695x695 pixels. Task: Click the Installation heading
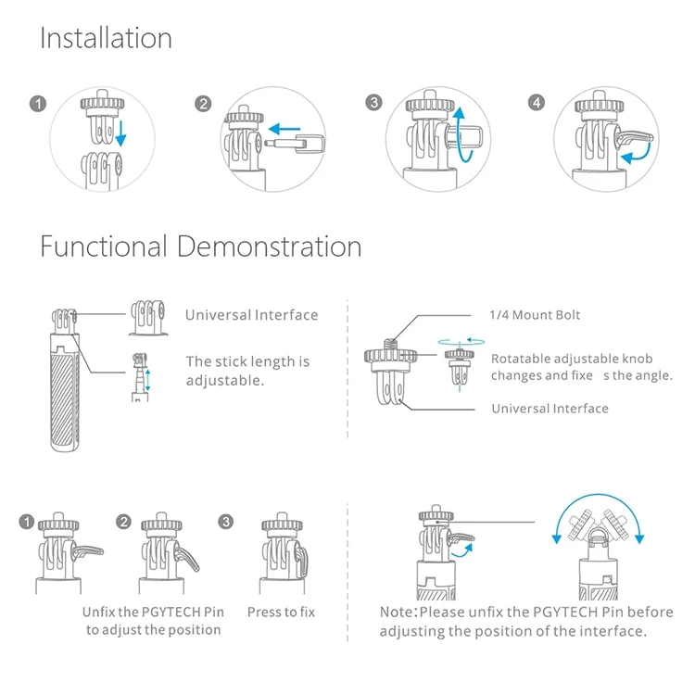[106, 38]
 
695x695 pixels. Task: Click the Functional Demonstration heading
[201, 246]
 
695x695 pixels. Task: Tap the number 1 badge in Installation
[38, 104]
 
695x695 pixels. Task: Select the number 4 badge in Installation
[537, 102]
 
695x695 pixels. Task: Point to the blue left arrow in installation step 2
[284, 129]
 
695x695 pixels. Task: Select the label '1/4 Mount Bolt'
[535, 315]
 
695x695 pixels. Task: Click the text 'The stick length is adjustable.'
[247, 371]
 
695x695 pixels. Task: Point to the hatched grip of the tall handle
[65, 398]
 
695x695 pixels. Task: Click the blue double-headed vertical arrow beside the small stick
[148, 380]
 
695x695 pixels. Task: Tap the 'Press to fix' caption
[281, 613]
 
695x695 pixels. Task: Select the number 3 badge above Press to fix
[226, 521]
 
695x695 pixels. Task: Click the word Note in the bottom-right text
[397, 613]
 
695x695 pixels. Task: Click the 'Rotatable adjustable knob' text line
[572, 359]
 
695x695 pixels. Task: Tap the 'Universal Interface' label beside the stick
[252, 315]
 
